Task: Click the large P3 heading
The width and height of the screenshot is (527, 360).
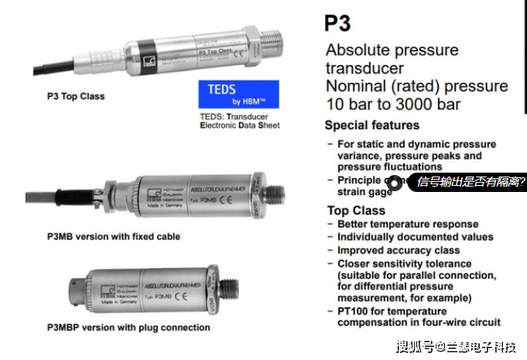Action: (337, 23)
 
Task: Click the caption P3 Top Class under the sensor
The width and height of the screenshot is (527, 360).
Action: (76, 97)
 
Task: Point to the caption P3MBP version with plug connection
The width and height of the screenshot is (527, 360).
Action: (128, 327)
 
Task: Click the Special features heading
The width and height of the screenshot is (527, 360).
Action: (371, 125)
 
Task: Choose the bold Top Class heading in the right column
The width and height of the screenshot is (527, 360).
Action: (356, 211)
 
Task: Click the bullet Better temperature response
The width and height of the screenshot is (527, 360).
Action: (409, 224)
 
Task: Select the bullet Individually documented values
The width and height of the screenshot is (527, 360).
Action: (415, 237)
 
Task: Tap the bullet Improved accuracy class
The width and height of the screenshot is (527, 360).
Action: (399, 250)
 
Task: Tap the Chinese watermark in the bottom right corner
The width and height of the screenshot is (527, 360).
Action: (456, 346)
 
